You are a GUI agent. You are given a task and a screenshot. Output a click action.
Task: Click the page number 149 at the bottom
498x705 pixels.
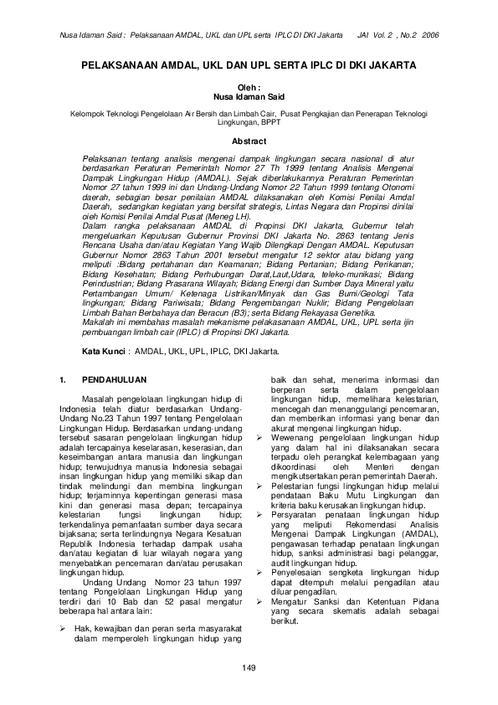248,666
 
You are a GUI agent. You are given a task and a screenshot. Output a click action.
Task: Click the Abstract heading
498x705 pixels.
249,142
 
